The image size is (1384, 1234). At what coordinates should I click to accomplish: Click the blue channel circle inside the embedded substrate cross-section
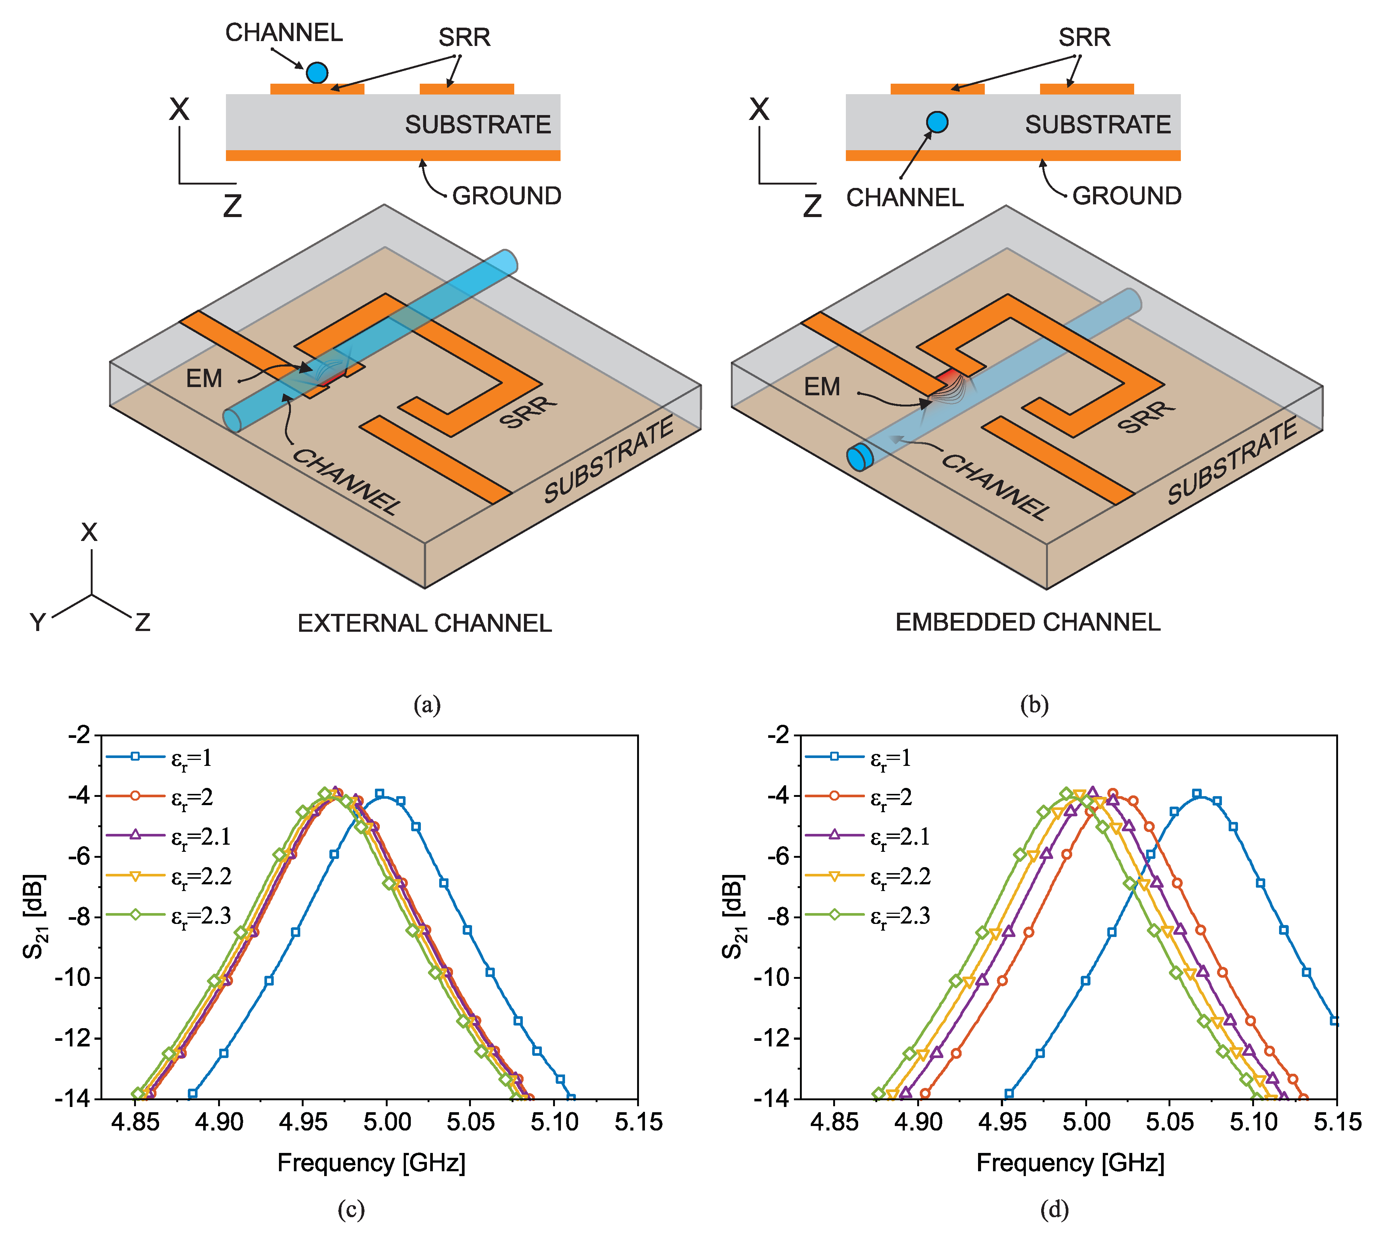(937, 122)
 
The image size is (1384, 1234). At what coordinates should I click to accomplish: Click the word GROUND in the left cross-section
(506, 196)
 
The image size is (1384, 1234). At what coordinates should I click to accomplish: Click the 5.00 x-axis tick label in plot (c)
(386, 1122)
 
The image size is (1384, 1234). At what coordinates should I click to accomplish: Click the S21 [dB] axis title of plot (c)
(34, 917)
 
